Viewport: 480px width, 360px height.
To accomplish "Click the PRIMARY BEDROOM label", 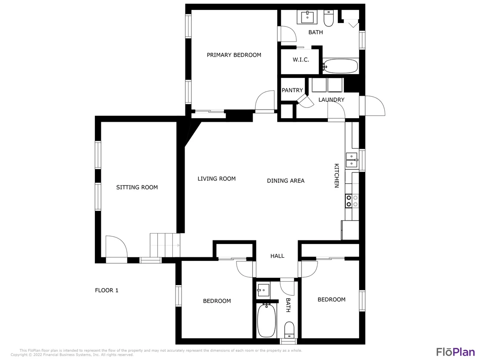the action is pos(234,55).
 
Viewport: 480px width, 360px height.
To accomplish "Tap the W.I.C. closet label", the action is pos(301,60).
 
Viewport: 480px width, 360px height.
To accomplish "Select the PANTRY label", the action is pos(292,90).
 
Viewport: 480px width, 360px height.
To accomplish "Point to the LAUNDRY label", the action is pos(331,100).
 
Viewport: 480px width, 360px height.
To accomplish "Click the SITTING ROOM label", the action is pos(137,187).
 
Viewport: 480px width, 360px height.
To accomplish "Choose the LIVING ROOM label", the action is pos(217,179).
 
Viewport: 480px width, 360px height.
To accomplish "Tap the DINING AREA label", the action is pos(285,181).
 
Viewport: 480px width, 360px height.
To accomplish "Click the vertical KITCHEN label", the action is pos(337,175).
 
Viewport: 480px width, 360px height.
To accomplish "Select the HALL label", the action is pos(277,256).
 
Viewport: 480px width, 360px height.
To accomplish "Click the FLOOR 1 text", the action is pos(107,290).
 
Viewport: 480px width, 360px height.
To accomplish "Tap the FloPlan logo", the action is pos(455,352).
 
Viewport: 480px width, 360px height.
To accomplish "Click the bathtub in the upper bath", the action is pos(341,66).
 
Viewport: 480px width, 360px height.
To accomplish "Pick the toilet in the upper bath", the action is pos(328,18).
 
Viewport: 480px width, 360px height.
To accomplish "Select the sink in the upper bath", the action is pos(307,17).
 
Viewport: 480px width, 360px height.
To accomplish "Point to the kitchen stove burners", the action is pos(352,201).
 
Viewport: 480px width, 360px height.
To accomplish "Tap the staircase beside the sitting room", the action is pos(165,245).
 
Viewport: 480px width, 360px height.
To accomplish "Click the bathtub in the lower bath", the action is pos(266,320).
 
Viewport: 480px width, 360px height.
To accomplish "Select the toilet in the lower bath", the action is pos(289,330).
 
